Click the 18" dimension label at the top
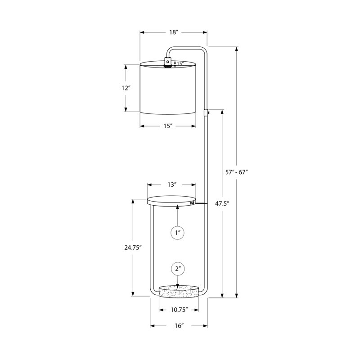[174, 32]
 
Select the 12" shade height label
[126, 88]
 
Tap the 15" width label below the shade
[168, 126]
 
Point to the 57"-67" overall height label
[237, 172]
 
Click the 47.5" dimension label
[222, 203]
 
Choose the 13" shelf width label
[172, 184]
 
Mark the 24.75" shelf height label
[132, 247]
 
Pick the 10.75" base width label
[179, 310]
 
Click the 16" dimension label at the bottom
[179, 325]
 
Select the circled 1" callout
[177, 233]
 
